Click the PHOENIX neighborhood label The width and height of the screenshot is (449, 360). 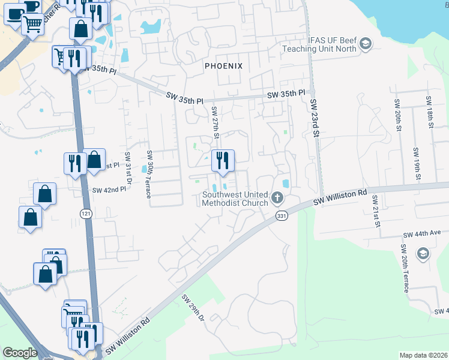pyautogui.click(x=223, y=65)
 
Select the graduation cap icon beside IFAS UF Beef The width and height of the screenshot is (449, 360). pyautogui.click(x=366, y=43)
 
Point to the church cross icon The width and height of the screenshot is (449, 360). pyautogui.click(x=277, y=197)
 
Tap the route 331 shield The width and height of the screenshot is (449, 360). pyautogui.click(x=280, y=215)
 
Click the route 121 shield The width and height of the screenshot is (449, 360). pyautogui.click(x=85, y=214)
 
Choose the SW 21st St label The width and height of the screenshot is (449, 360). pyautogui.click(x=376, y=211)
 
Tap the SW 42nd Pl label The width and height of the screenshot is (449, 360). pyautogui.click(x=109, y=190)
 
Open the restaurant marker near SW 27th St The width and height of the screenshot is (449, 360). pyautogui.click(x=222, y=160)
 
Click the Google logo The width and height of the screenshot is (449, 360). pyautogui.click(x=20, y=353)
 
